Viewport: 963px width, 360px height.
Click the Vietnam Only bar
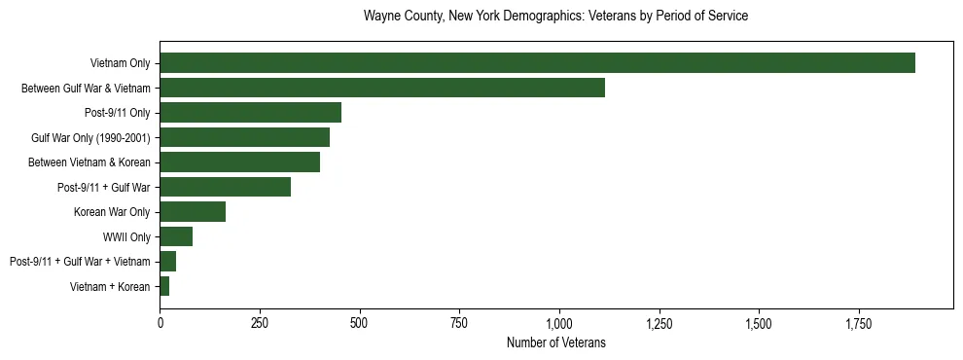537,63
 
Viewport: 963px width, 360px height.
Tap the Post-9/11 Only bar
250,113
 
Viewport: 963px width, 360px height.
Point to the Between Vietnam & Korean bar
239,162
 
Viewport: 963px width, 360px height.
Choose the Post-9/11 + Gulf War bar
225,187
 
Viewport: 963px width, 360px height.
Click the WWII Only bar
176,236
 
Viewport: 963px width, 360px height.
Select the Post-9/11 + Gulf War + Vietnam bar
167,262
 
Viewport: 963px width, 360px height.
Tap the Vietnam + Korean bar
164,286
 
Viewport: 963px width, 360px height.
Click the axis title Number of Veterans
556,342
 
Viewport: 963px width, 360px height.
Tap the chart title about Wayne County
555,17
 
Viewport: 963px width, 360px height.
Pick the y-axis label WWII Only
126,236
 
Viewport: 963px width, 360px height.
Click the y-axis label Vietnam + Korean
110,286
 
